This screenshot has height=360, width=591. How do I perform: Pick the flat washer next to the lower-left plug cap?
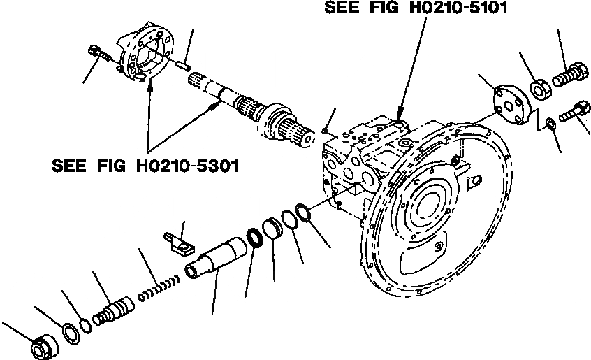click(71, 333)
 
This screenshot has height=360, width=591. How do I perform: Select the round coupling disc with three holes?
click(509, 103)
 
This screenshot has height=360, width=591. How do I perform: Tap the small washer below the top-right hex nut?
click(550, 124)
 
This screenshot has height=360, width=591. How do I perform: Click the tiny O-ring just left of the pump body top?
click(326, 131)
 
